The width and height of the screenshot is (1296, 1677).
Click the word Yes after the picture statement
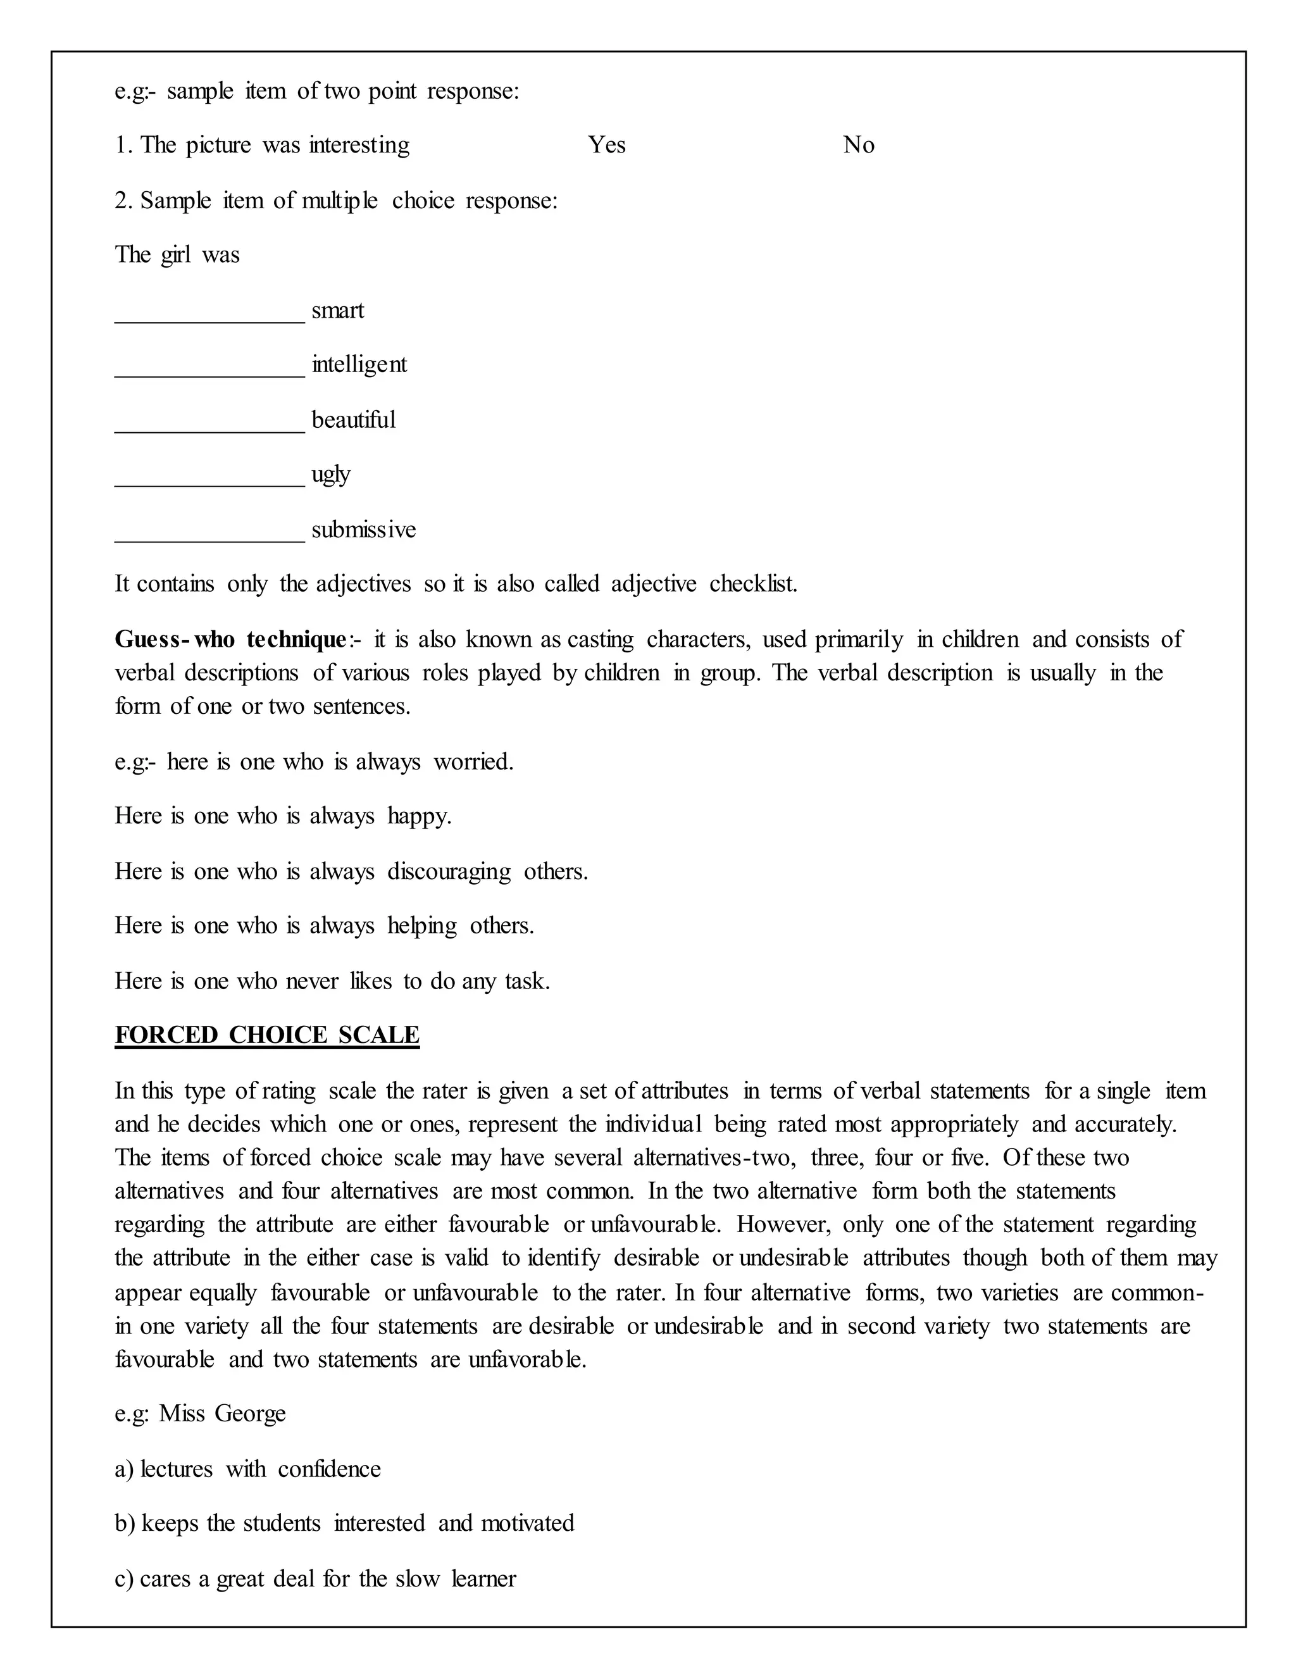(x=606, y=145)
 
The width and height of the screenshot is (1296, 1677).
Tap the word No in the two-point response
(x=858, y=145)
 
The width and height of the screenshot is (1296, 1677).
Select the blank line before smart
(x=209, y=321)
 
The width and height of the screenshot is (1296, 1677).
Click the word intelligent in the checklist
(x=359, y=364)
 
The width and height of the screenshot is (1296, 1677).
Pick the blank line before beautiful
(x=209, y=431)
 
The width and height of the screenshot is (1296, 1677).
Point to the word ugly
(x=331, y=475)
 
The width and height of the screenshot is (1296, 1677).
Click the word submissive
(x=363, y=529)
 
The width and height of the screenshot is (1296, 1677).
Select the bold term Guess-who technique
(x=231, y=639)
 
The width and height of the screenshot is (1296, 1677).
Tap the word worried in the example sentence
(x=473, y=762)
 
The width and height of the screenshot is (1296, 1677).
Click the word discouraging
(x=449, y=871)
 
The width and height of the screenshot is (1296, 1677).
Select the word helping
(x=421, y=926)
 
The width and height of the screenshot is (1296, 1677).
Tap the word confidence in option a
(x=329, y=1469)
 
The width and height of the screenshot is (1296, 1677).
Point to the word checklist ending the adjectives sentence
(x=752, y=583)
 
